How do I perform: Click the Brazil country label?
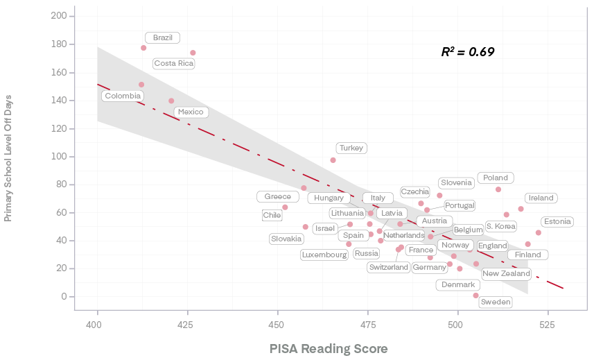click(163, 37)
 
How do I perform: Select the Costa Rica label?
click(174, 64)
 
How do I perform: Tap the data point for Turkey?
click(333, 160)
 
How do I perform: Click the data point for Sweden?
click(475, 295)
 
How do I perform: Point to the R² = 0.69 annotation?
click(468, 52)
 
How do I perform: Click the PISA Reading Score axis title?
click(329, 348)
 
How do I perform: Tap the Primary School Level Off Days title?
click(9, 157)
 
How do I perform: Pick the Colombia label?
click(123, 96)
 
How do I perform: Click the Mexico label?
click(191, 112)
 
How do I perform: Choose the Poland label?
click(496, 178)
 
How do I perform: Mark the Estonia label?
click(557, 222)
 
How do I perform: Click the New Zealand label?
click(506, 273)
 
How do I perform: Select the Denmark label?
click(458, 284)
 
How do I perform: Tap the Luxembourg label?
click(324, 255)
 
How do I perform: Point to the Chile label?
click(272, 216)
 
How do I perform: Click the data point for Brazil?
click(143, 48)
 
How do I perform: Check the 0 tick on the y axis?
click(62, 296)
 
